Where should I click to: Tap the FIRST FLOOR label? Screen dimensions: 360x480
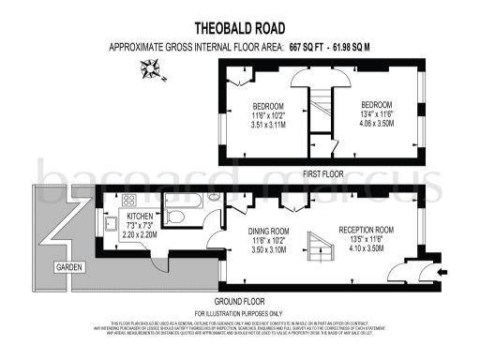click(323, 174)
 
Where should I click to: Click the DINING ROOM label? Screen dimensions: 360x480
click(268, 231)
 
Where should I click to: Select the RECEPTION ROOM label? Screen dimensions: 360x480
click(365, 231)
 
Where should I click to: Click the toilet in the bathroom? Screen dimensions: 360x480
click(175, 218)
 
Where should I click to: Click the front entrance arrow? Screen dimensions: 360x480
click(439, 272)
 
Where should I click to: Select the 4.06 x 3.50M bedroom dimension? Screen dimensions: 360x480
click(377, 123)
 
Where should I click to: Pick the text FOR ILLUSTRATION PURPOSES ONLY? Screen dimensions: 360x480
click(240, 312)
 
